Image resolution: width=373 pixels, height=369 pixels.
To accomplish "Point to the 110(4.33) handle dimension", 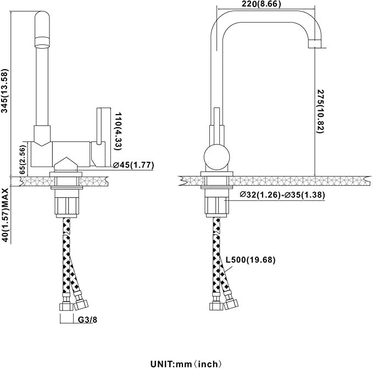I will (x=116, y=131).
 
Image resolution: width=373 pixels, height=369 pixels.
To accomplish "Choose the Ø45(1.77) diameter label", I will (x=133, y=164).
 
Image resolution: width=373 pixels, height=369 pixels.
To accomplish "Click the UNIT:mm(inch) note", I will (x=187, y=363).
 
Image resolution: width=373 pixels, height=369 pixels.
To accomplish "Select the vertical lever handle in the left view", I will (x=101, y=126).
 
